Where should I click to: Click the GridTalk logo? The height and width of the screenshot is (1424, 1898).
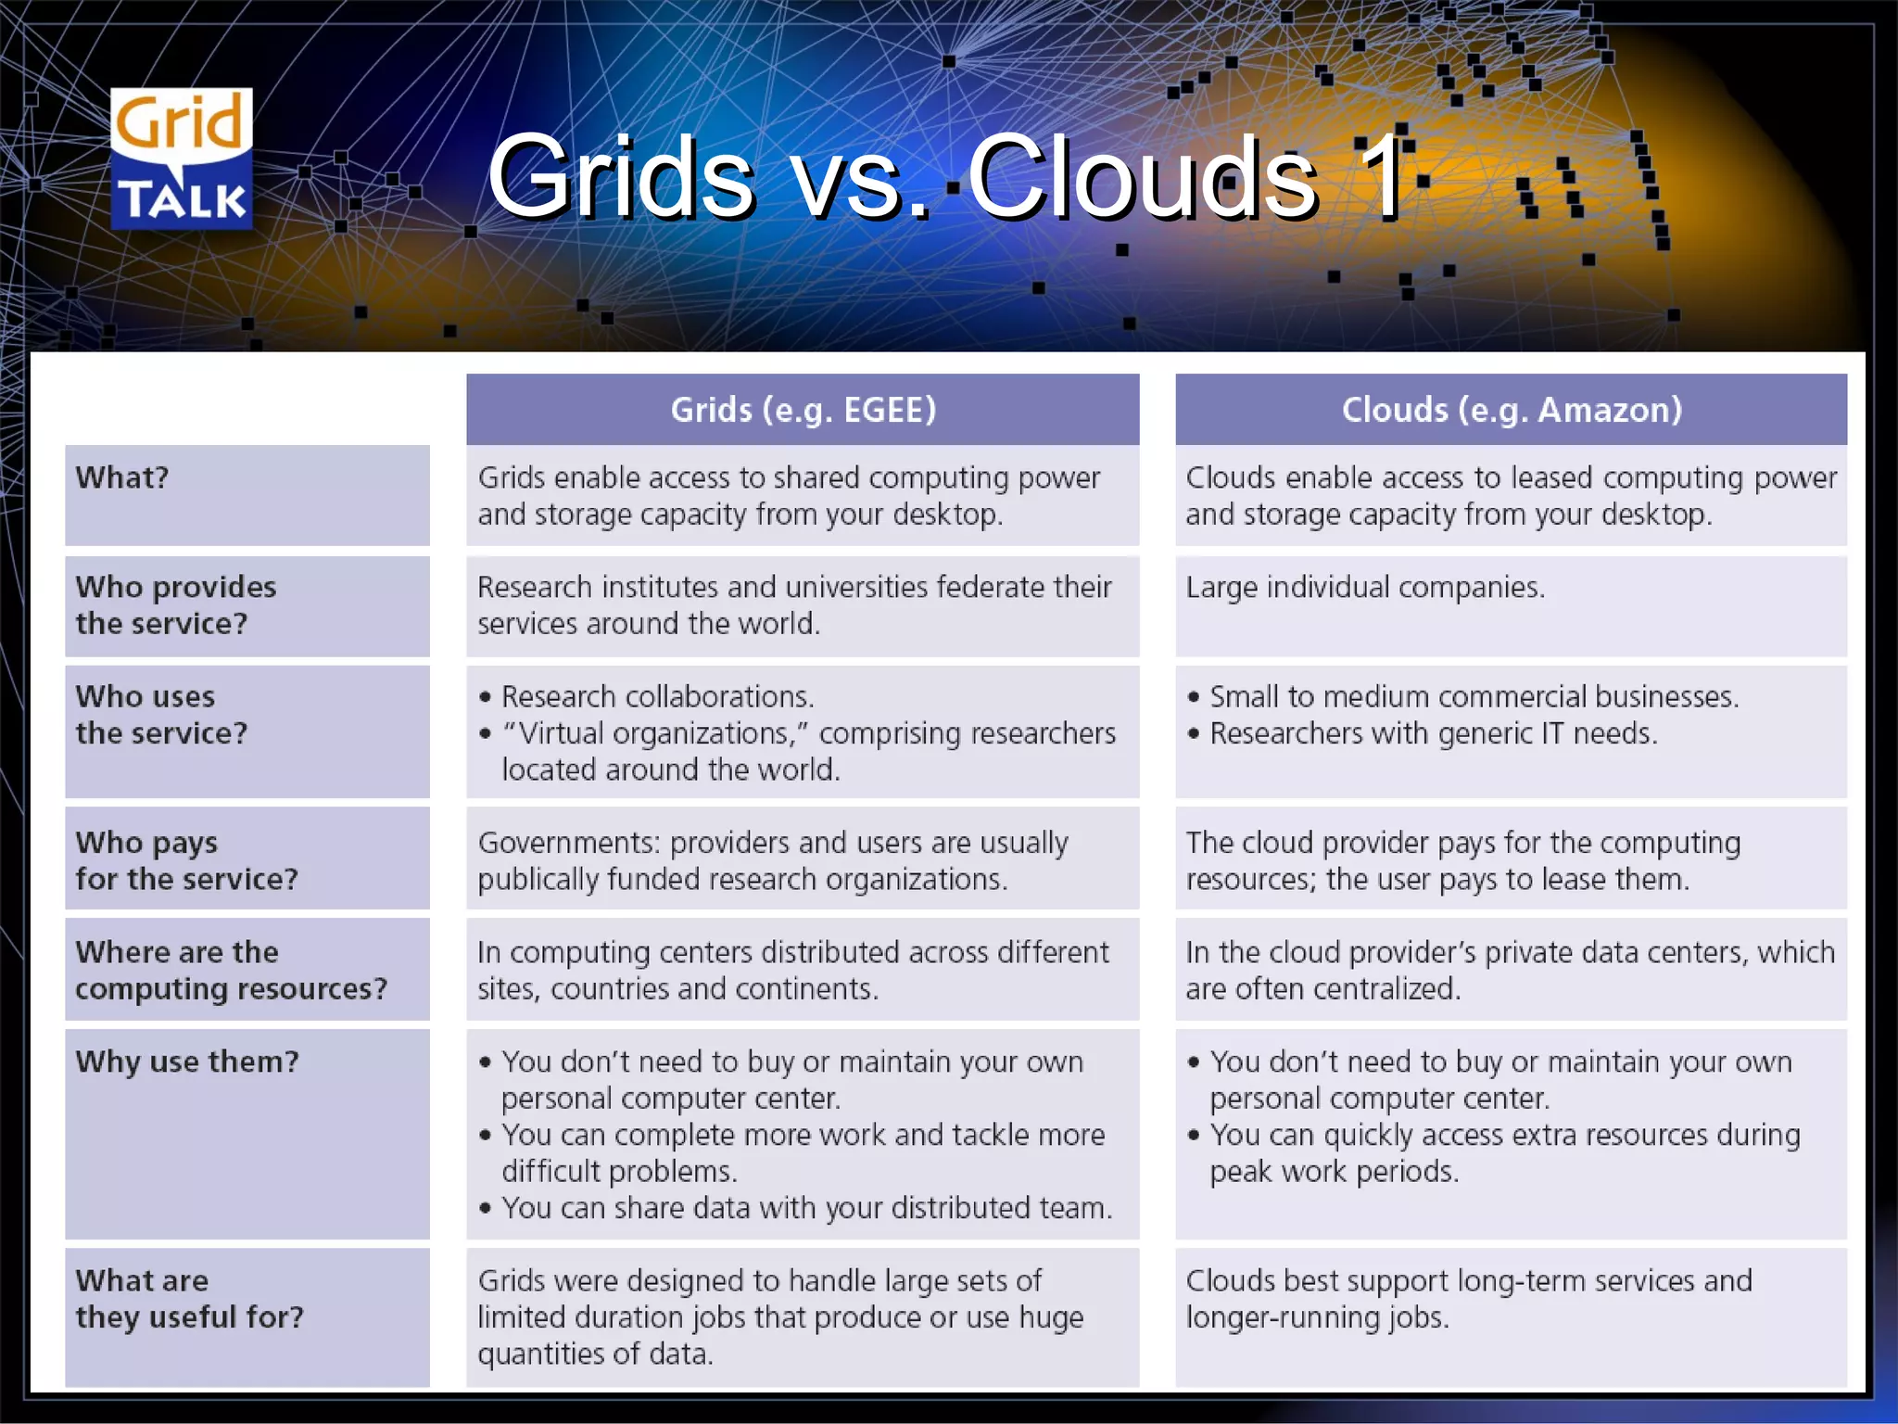[x=182, y=159]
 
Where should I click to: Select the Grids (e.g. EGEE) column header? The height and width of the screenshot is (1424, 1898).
[x=803, y=410]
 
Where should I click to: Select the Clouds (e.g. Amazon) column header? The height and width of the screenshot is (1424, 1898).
[x=1511, y=410]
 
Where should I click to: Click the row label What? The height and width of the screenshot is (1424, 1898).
[x=122, y=477]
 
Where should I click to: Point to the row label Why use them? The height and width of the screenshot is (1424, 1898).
[x=187, y=1062]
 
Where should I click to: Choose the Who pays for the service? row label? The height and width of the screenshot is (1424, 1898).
[x=186, y=860]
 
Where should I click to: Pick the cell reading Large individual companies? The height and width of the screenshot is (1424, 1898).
[x=1365, y=588]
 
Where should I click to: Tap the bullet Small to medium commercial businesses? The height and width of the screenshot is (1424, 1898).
[x=1474, y=697]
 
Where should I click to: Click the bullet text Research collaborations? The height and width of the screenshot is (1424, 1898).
[x=657, y=697]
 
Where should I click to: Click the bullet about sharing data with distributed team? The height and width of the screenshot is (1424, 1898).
[x=806, y=1208]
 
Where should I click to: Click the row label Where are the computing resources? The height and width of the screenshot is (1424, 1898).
[x=231, y=971]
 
